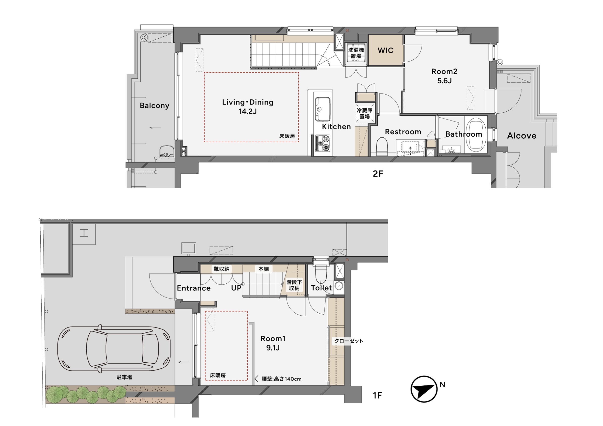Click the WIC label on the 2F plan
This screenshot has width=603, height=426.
386,50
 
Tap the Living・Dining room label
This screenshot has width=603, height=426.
248,107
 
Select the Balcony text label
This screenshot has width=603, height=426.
155,105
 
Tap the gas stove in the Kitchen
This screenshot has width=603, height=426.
322,143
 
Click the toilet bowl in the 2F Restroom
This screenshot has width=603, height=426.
382,147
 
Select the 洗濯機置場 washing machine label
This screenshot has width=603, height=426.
356,53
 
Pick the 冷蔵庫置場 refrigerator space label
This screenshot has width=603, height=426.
365,113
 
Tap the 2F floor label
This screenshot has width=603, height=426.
378,174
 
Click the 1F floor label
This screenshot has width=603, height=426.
377,395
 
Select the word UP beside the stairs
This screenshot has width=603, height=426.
236,288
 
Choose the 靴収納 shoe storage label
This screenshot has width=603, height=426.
221,269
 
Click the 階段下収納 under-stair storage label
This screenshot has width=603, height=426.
294,285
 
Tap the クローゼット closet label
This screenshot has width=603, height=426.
349,341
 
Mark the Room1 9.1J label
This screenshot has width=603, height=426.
273,343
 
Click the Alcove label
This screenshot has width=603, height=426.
522,136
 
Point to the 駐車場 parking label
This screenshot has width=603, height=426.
124,377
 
